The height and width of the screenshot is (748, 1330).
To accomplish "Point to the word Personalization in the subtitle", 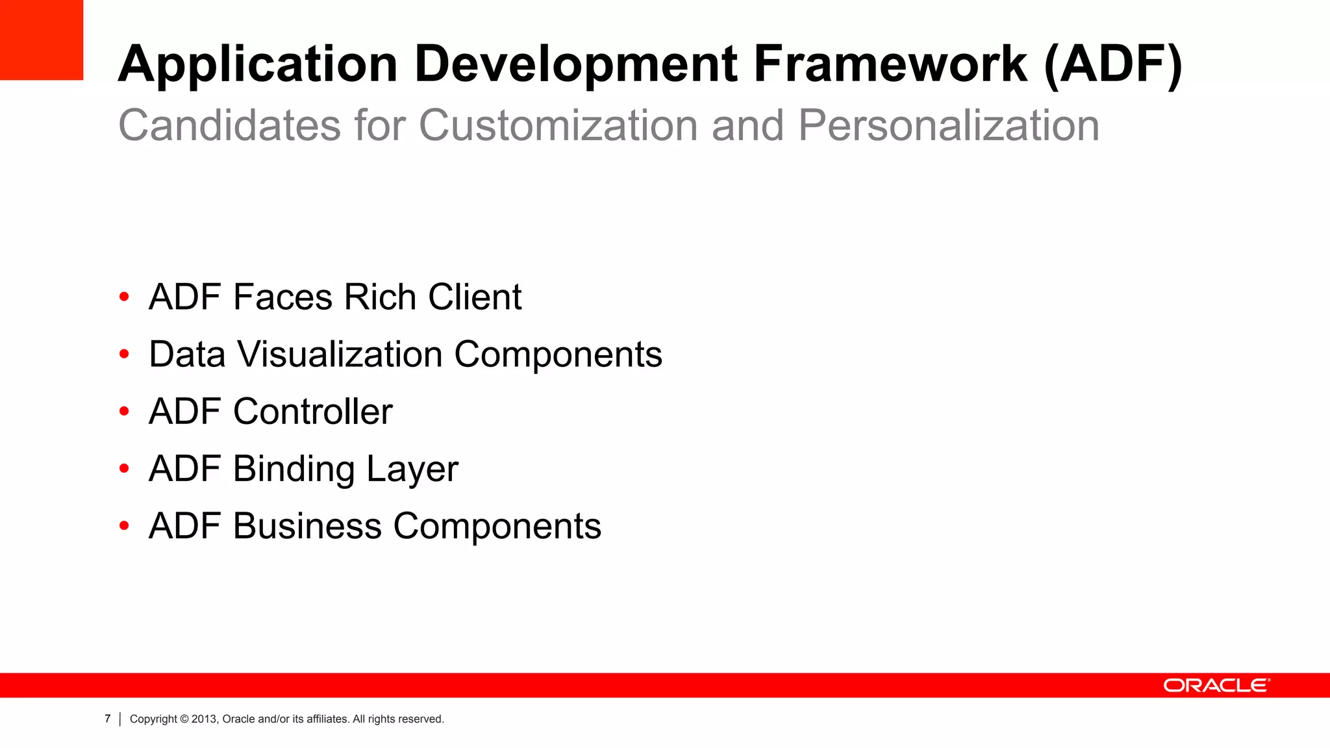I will pos(948,125).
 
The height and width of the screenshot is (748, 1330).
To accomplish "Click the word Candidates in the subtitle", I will pos(229,125).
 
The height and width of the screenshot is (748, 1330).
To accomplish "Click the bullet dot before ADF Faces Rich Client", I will pos(124,297).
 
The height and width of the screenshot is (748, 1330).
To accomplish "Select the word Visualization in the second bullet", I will pos(340,355).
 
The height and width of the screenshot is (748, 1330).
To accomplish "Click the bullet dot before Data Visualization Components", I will pos(124,355).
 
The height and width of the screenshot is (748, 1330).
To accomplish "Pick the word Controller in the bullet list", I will pos(313,412).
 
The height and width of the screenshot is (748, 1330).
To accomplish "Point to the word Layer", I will pos(412,469).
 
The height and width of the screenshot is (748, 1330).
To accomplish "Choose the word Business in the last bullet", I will pos(307,526).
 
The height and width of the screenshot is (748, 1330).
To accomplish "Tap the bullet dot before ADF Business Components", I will pos(124,526).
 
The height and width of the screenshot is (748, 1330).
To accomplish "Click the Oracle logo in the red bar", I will pos(1216,686).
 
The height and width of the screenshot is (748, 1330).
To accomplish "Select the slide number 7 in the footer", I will pos(108,719).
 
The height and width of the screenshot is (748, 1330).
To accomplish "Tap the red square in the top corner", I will pos(42,40).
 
